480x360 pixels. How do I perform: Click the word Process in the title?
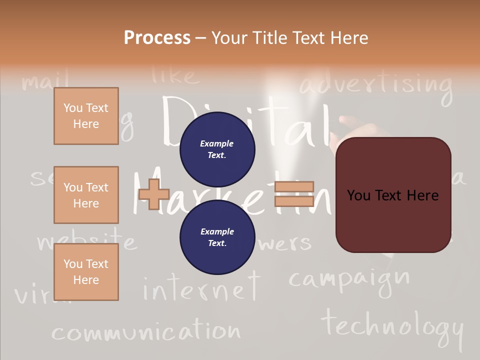tap(157, 37)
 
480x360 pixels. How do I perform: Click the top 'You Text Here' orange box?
tap(86, 116)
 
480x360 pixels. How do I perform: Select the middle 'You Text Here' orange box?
tap(86, 195)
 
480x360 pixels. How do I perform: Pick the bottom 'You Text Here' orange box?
tap(86, 272)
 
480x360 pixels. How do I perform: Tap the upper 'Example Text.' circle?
tap(217, 149)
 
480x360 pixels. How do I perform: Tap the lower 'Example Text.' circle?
tap(217, 237)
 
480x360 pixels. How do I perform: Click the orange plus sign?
tap(154, 194)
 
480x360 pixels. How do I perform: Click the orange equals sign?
tap(294, 194)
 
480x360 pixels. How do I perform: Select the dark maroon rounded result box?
tap(393, 195)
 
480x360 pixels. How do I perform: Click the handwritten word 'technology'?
tap(393, 325)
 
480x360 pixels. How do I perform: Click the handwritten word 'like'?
tap(175, 76)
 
